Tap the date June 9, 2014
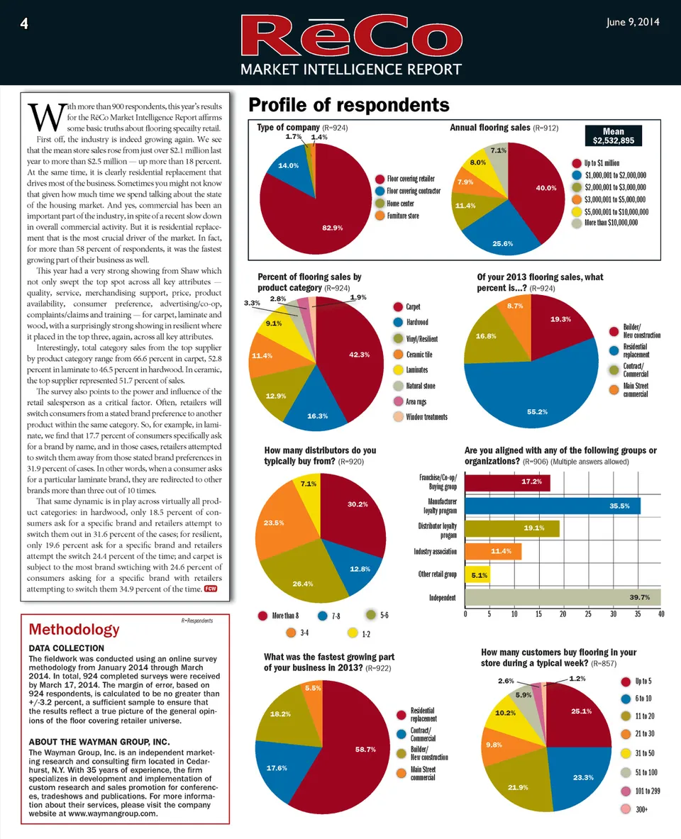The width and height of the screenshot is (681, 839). click(633, 22)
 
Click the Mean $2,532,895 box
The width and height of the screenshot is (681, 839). click(613, 136)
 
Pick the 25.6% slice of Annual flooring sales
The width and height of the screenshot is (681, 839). click(503, 243)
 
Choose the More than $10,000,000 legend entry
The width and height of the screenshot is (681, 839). click(608, 222)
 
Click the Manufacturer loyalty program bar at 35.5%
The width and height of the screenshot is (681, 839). click(553, 506)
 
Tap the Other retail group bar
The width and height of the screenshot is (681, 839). click(477, 574)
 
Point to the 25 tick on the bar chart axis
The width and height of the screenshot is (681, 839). click(588, 613)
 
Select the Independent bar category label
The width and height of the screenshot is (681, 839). click(442, 597)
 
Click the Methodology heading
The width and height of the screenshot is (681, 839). click(74, 629)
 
